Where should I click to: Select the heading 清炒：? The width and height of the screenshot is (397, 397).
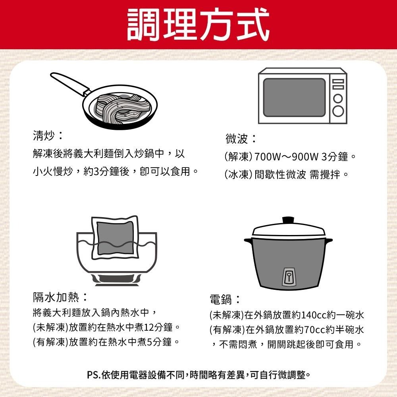[x=47, y=136]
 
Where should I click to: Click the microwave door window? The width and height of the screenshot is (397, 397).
[x=294, y=97]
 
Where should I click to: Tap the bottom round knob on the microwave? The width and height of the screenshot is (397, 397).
[x=338, y=112]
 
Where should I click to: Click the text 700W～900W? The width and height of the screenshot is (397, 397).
[x=286, y=157]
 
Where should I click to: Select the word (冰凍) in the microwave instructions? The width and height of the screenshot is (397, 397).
[x=239, y=174]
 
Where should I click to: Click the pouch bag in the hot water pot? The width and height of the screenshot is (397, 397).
[x=116, y=238]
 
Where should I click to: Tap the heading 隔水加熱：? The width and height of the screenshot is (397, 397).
[x=60, y=297]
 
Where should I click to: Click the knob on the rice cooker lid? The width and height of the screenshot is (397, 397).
[x=288, y=220]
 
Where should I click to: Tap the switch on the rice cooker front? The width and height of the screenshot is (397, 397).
[x=288, y=276]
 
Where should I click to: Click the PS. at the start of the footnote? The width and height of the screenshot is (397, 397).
[x=94, y=374]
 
